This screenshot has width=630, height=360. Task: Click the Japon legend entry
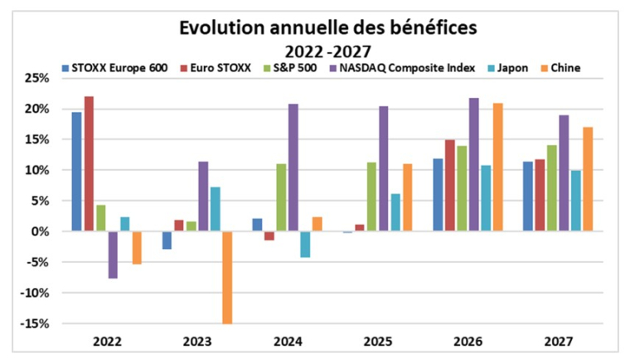click(x=513, y=67)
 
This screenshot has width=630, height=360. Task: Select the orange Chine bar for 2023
click(x=227, y=277)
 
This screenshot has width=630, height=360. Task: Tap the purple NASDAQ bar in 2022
click(x=113, y=255)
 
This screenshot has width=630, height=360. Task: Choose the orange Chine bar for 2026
click(x=497, y=168)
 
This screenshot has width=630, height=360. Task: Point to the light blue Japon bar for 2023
click(x=215, y=209)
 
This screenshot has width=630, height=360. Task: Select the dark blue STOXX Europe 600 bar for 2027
click(x=528, y=197)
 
